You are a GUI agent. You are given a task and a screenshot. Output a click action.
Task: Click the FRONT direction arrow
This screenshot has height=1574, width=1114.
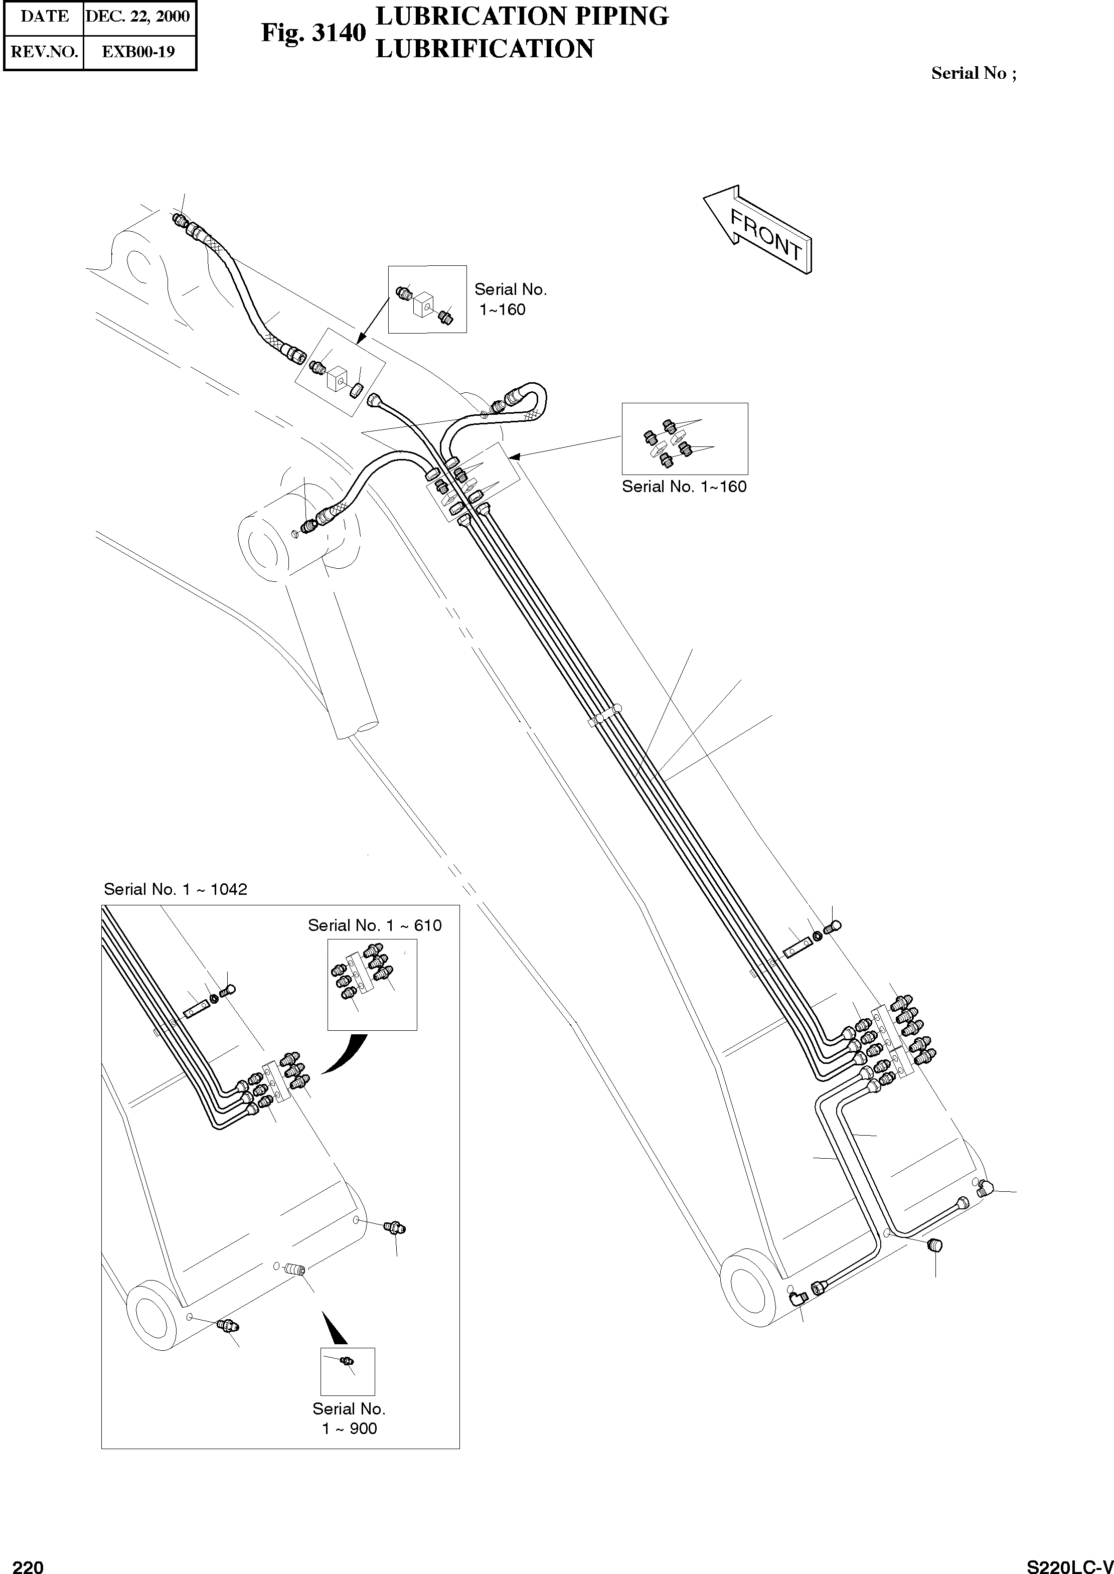pos(758,230)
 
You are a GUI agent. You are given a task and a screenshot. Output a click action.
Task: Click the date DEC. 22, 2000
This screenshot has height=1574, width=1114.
pos(138,17)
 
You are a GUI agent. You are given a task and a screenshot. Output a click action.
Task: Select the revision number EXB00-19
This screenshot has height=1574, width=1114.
pos(138,52)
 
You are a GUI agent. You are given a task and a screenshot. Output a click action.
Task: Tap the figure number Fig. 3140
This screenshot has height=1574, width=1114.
pos(313,33)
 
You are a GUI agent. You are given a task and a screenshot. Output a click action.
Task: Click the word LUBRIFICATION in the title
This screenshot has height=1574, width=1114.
pos(485,49)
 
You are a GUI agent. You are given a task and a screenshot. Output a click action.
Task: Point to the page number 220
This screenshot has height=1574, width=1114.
pos(28,1562)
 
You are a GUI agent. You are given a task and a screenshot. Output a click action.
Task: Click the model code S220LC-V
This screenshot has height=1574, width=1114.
pos(1069,1562)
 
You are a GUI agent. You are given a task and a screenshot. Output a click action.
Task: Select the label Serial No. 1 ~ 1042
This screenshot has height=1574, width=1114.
pos(175,889)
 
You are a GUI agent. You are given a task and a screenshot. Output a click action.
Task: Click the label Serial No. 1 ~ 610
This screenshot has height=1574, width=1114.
pos(375,926)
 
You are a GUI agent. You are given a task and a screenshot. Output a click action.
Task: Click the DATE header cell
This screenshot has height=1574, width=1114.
pos(44,17)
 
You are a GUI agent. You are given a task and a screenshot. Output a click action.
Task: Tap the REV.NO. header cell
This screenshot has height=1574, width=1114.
pos(44,52)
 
